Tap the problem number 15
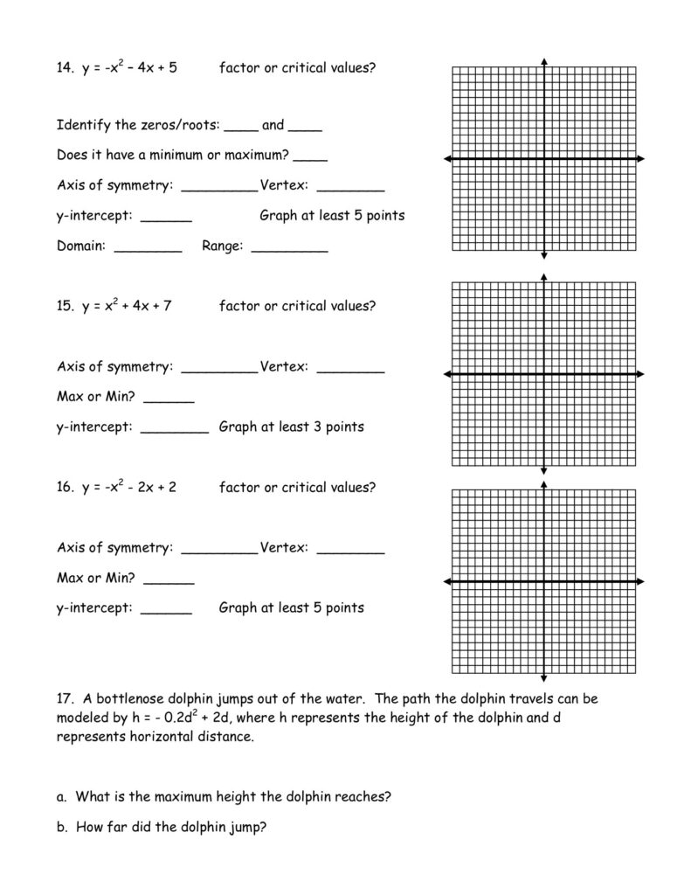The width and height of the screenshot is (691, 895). pos(65,306)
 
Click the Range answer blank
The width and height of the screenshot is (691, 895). pos(289,248)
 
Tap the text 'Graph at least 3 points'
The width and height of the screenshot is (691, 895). pos(291,427)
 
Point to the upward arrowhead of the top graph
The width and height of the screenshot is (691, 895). pos(544,62)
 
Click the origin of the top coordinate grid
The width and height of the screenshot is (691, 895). pos(544,158)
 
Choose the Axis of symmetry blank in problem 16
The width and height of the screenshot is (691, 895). pos(219,550)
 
